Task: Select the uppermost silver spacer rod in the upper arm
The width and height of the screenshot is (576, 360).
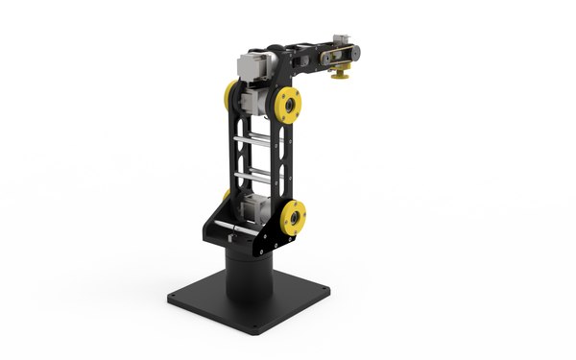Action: [x=258, y=141]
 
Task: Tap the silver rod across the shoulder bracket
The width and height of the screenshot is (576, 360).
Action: [x=240, y=228]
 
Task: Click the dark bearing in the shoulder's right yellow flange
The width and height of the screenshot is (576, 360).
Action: [x=295, y=218]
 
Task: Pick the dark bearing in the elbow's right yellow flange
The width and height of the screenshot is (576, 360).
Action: [x=289, y=104]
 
